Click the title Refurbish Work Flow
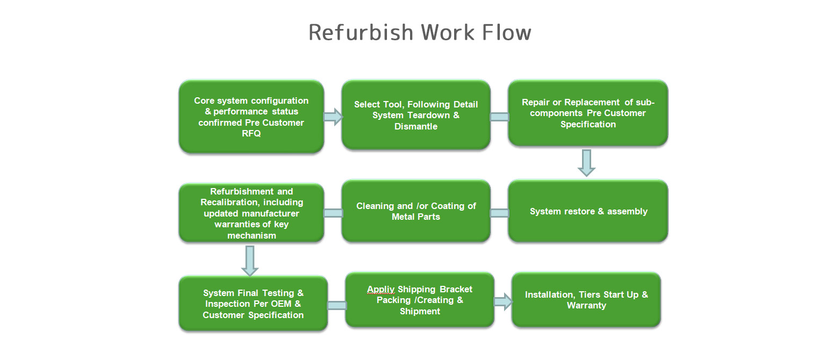(x=420, y=32)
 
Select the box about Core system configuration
(x=252, y=116)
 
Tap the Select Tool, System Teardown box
(x=416, y=115)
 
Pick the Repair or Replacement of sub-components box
(x=587, y=113)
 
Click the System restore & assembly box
(x=587, y=211)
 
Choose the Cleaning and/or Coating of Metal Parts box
(x=416, y=211)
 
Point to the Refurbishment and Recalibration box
(x=252, y=213)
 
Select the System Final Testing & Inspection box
(x=253, y=304)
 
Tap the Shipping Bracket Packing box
(x=420, y=300)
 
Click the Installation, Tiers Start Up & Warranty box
(x=586, y=300)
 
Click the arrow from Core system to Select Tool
(x=333, y=117)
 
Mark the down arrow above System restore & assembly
(x=586, y=163)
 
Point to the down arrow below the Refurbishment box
(x=250, y=261)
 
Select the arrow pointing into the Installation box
(x=503, y=302)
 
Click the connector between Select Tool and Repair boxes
(x=499, y=117)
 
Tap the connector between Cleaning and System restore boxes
(x=499, y=213)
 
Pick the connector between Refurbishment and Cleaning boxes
(x=333, y=213)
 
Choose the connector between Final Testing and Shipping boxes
(x=337, y=306)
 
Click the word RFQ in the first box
(x=252, y=133)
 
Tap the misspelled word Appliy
(x=380, y=290)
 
